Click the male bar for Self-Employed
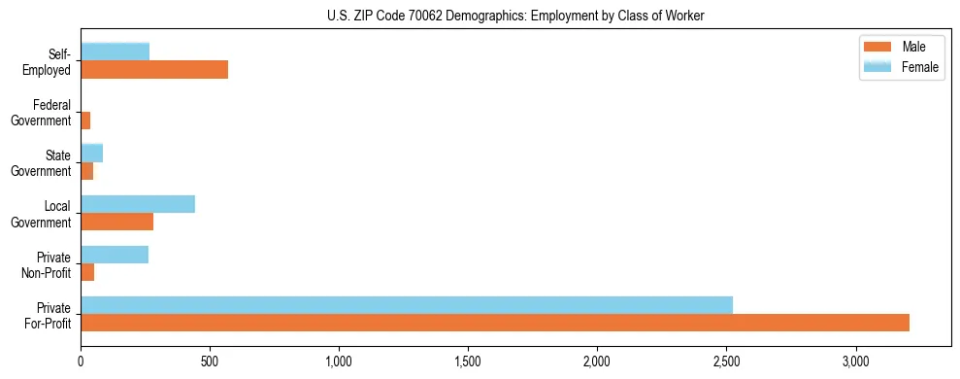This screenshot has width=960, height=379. pyautogui.click(x=154, y=69)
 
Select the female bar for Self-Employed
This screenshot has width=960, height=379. pyautogui.click(x=115, y=52)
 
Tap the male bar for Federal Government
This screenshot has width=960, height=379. pyautogui.click(x=85, y=120)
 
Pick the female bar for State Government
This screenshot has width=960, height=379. pyautogui.click(x=91, y=153)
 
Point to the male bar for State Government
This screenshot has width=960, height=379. pyautogui.click(x=86, y=170)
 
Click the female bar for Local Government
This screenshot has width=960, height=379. pyautogui.click(x=138, y=203)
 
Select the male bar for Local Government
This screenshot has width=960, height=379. pyautogui.click(x=116, y=221)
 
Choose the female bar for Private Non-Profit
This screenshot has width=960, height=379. pyautogui.click(x=115, y=254)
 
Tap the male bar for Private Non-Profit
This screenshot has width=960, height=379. pyautogui.click(x=87, y=271)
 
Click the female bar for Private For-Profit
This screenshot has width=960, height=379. pyautogui.click(x=407, y=304)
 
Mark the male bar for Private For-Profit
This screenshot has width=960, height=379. pyautogui.click(x=495, y=322)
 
